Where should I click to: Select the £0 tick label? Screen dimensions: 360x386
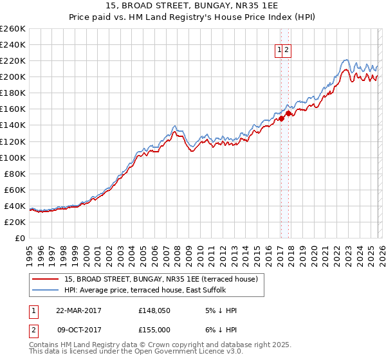coord(20,238)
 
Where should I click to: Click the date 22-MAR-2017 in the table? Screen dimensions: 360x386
coord(78,310)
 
